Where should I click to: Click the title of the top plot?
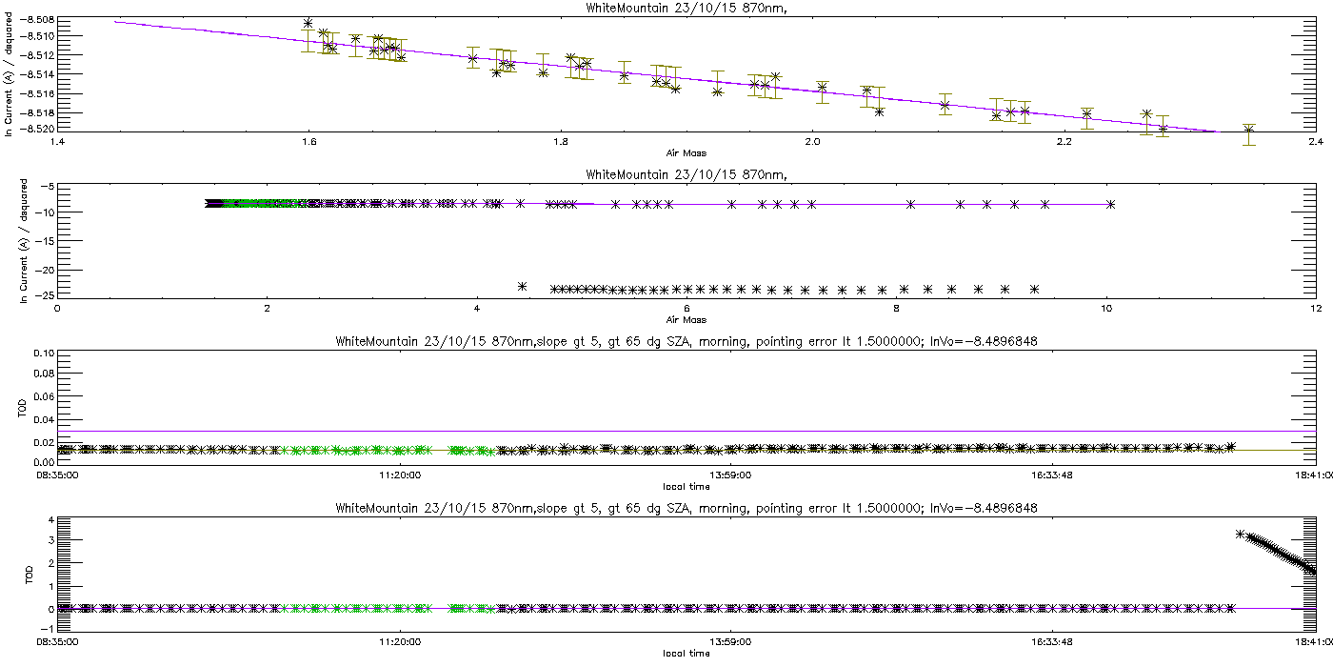click(x=666, y=8)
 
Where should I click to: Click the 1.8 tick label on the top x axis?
click(x=560, y=143)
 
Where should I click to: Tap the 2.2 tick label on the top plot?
click(x=1064, y=143)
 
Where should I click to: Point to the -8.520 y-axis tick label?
click(x=36, y=128)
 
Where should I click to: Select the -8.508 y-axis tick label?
click(x=36, y=20)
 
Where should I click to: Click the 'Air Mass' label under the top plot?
click(x=686, y=153)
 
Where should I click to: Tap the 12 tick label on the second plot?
click(x=1315, y=308)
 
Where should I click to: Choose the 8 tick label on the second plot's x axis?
click(x=896, y=308)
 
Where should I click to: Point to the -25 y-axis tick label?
click(x=44, y=295)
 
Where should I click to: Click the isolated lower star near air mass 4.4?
click(x=522, y=286)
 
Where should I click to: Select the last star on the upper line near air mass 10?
click(x=1111, y=204)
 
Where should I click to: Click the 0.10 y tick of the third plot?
click(x=43, y=354)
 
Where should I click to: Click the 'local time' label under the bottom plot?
click(x=686, y=653)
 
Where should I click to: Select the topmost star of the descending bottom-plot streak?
click(x=1240, y=534)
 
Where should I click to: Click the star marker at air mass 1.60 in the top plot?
click(x=308, y=23)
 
